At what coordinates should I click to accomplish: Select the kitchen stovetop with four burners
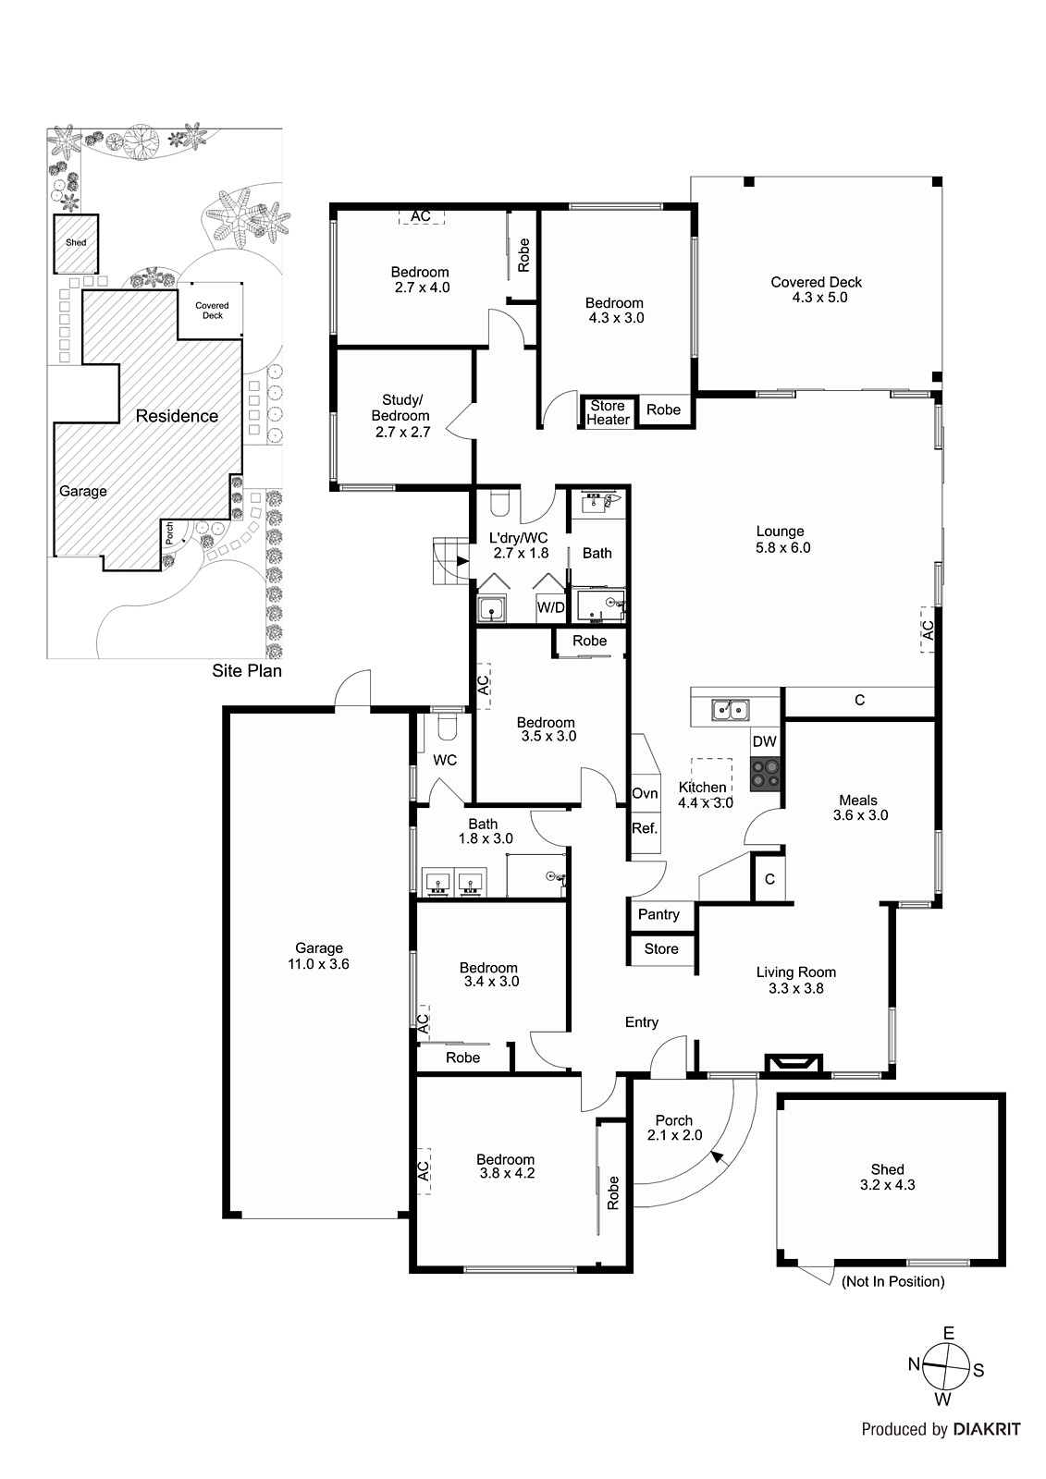tap(765, 774)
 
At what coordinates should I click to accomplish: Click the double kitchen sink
tap(730, 710)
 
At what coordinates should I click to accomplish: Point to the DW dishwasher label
tap(765, 741)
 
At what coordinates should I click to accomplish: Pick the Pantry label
tap(658, 914)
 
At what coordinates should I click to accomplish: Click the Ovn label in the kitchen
tap(645, 794)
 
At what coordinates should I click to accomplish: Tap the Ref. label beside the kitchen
tap(645, 828)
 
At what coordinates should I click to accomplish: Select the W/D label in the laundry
tap(550, 607)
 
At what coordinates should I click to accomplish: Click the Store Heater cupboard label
tap(608, 412)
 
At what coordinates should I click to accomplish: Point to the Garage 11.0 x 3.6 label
tap(318, 956)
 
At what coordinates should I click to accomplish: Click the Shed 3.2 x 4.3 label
tap(888, 1178)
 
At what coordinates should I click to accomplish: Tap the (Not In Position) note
tap(892, 1281)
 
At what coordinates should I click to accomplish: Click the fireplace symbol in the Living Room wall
tap(794, 1064)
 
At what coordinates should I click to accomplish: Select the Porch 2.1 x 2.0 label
tap(674, 1128)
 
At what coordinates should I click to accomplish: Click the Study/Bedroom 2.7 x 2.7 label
tap(401, 416)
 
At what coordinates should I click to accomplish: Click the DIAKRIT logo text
tap(987, 1448)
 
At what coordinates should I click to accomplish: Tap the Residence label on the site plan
tap(177, 416)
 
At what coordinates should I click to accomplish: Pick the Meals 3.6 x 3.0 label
tap(860, 808)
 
